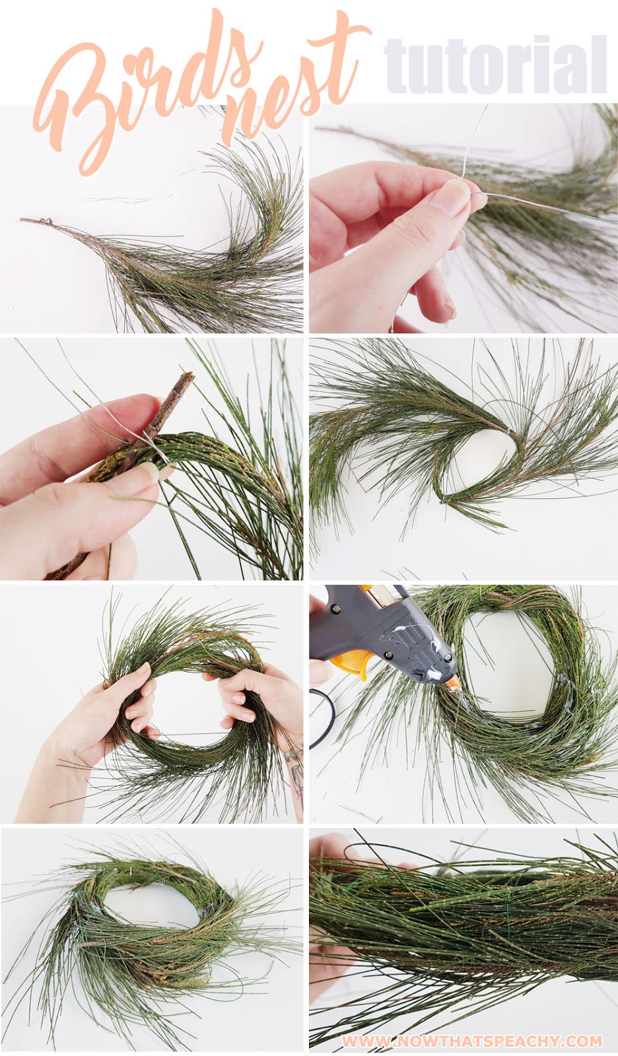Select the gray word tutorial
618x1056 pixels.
click(495, 66)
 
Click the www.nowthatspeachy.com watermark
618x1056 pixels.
click(471, 1041)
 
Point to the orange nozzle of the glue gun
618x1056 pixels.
click(454, 684)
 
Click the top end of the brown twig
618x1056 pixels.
click(189, 376)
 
